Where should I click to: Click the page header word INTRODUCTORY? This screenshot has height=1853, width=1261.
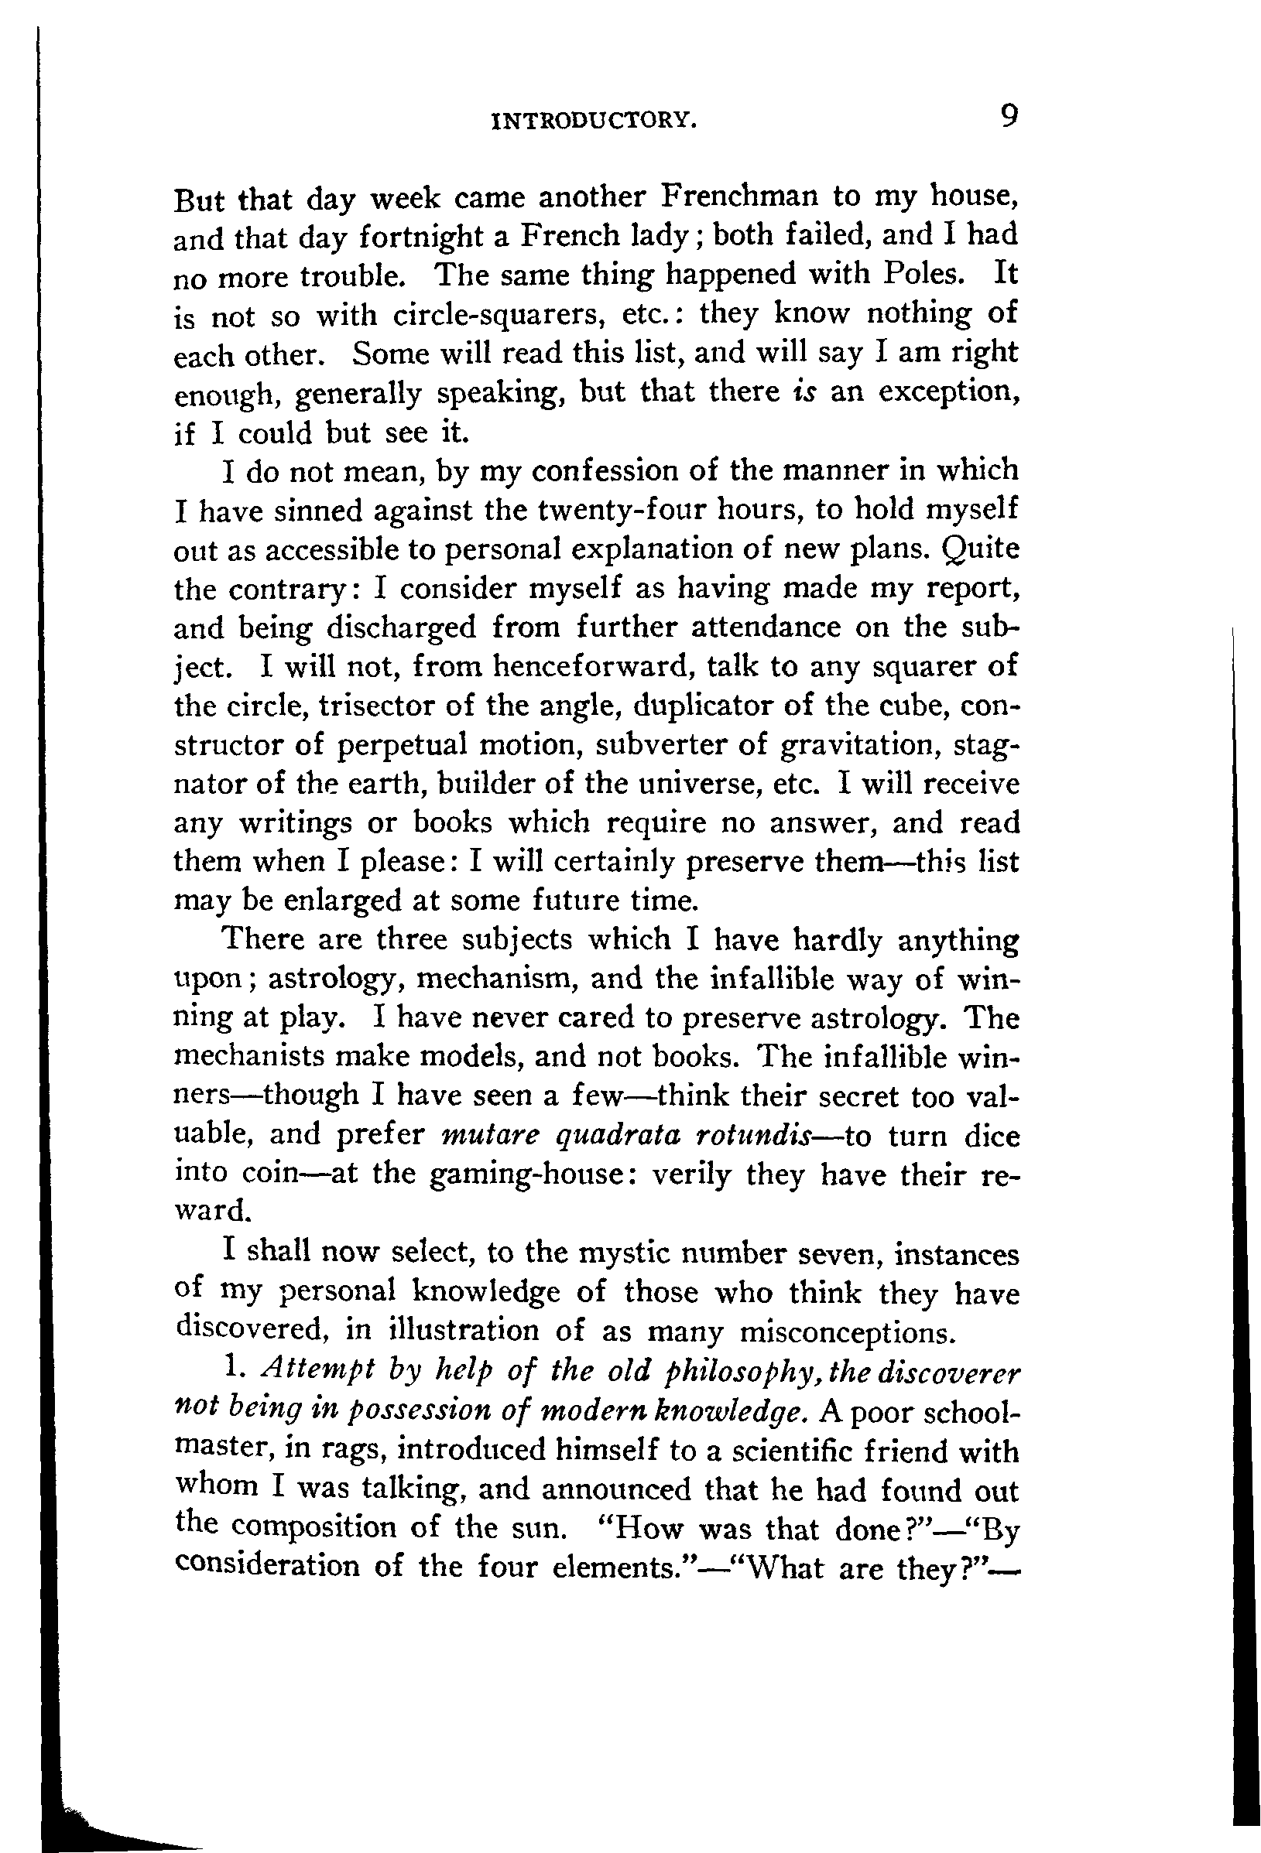click(595, 121)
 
